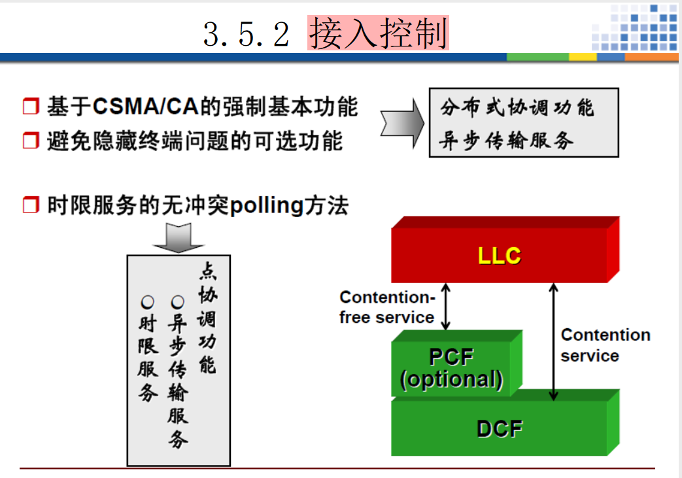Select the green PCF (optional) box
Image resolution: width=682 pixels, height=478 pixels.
click(x=451, y=368)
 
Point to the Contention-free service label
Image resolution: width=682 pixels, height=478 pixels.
click(x=387, y=307)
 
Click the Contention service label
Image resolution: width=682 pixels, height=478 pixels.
click(x=605, y=345)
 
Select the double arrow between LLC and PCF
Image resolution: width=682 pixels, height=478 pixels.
click(x=446, y=307)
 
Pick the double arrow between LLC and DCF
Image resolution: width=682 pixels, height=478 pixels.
click(x=554, y=341)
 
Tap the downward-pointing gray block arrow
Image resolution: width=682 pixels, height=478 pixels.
click(x=178, y=237)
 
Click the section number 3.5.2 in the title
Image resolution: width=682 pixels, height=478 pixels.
click(x=246, y=34)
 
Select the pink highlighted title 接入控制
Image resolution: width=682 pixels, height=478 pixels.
click(x=378, y=33)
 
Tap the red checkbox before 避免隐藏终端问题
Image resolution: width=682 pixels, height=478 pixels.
click(x=31, y=141)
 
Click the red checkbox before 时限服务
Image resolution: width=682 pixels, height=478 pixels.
click(x=31, y=206)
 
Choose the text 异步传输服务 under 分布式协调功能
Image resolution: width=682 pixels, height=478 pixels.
click(x=507, y=140)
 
